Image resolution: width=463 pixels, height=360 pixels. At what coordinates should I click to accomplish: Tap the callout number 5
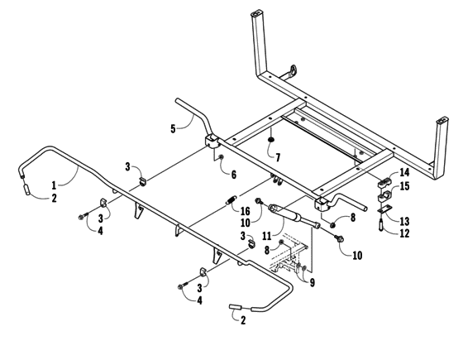point(174,128)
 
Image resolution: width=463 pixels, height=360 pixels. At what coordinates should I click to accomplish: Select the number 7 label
point(278,156)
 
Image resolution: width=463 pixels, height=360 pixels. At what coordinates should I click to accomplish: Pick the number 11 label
point(267,235)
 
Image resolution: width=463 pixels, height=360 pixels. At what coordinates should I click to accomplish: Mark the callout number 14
point(404,173)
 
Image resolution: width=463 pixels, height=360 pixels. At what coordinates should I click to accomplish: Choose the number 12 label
point(404,233)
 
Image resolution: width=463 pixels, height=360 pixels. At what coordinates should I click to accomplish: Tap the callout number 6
point(233,175)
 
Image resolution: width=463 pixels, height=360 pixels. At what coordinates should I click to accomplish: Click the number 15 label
point(404,187)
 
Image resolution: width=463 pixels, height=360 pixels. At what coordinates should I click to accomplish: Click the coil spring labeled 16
point(227,202)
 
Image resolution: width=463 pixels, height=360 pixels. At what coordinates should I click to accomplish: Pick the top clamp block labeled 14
point(385,181)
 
